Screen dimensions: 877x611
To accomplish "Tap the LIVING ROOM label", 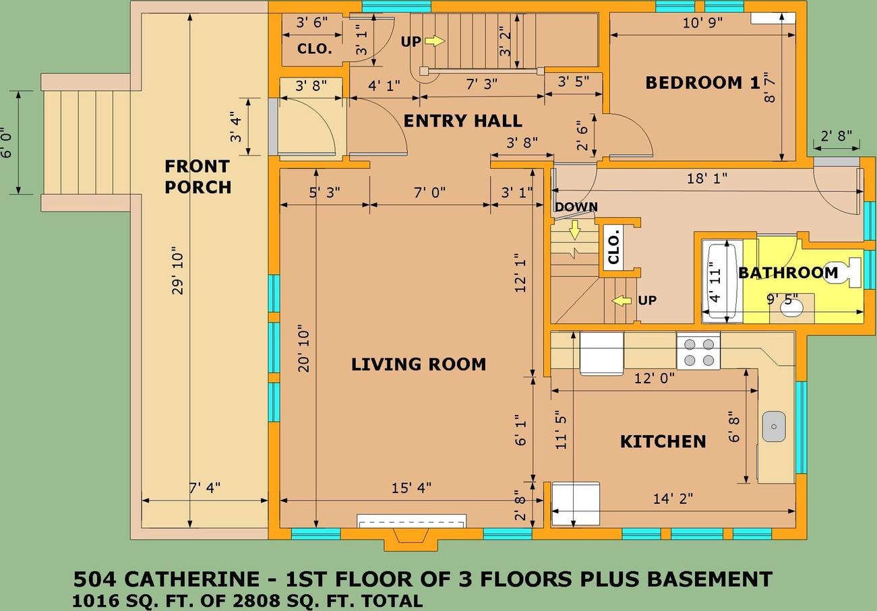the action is (418, 364).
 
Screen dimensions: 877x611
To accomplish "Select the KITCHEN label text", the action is (663, 441).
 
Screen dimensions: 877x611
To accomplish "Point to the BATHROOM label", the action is (787, 273).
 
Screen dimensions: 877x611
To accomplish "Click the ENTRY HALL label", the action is (462, 121).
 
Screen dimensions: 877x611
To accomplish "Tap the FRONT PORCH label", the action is (198, 176).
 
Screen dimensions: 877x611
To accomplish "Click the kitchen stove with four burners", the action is (698, 352).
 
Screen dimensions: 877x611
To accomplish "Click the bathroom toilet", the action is (845, 272).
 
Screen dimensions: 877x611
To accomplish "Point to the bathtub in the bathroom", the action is (723, 279).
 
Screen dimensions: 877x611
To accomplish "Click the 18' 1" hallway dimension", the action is (706, 179).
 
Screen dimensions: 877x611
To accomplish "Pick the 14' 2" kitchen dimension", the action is (673, 499).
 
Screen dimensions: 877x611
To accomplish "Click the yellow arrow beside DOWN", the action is (574, 231).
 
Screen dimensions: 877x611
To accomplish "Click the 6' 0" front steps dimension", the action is (7, 143).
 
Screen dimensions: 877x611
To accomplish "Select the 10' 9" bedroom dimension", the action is (702, 22).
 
